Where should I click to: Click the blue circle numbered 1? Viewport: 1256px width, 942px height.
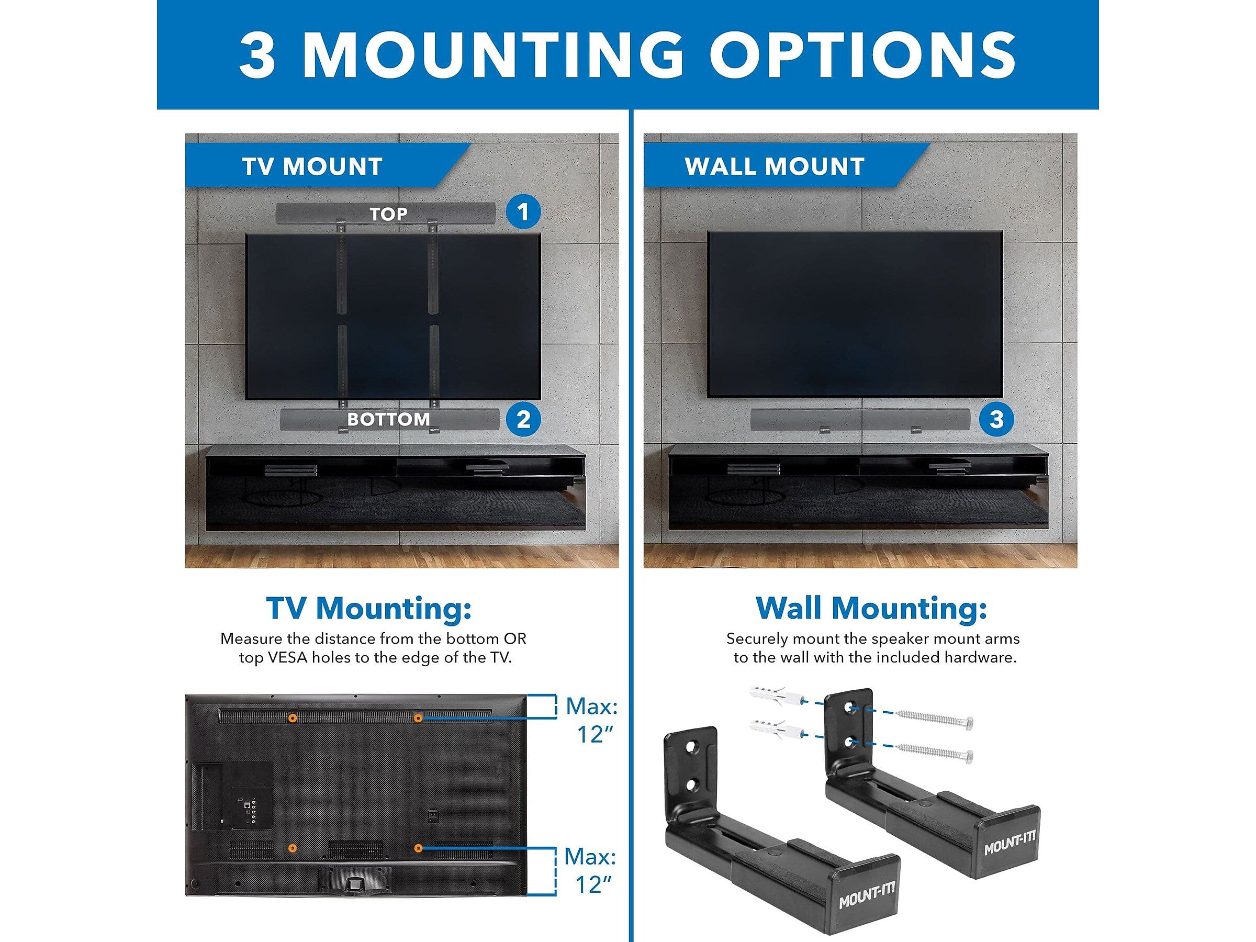(523, 212)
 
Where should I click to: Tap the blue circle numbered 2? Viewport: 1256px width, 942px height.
(523, 420)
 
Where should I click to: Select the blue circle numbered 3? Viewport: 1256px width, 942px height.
(996, 420)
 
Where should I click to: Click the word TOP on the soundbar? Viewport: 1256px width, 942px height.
(388, 214)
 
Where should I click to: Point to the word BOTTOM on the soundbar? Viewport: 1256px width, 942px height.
(389, 420)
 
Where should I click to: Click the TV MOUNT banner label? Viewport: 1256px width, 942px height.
(312, 166)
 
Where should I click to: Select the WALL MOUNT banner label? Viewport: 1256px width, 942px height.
(775, 166)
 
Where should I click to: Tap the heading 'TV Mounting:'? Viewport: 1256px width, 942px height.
(369, 608)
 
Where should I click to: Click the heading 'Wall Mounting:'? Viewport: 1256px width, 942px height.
(871, 608)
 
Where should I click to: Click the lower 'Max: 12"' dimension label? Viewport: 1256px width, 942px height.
(590, 870)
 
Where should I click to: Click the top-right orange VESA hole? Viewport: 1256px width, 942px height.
(418, 719)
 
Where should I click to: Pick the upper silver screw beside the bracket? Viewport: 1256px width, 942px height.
(935, 719)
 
